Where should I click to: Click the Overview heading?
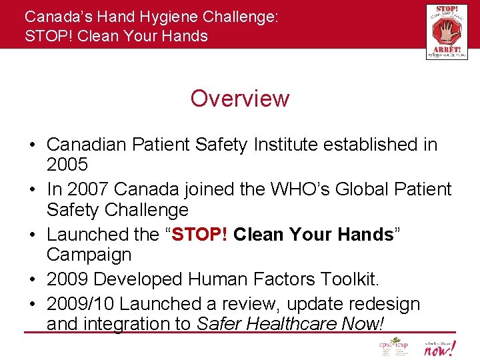(239, 99)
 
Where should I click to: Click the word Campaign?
(89, 255)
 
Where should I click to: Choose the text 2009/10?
(80, 304)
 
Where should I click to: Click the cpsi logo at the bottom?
(393, 348)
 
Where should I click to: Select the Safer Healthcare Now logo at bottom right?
(439, 348)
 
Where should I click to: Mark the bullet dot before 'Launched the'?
(31, 235)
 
